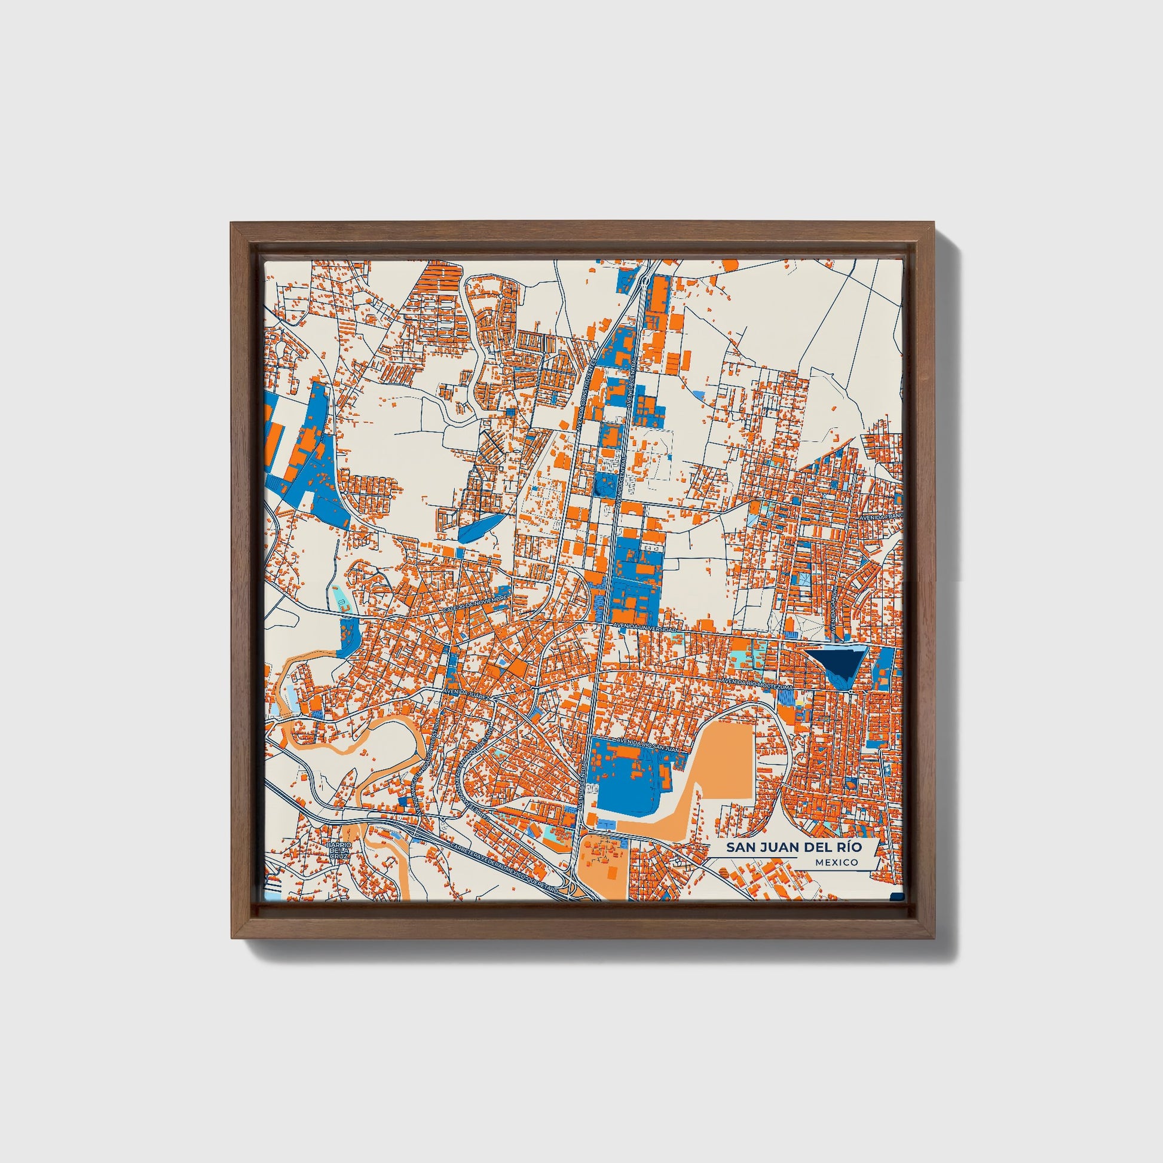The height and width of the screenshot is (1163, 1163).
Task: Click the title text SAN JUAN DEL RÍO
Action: [x=793, y=847]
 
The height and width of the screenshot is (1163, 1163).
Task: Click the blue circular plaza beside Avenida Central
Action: [x=598, y=489]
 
